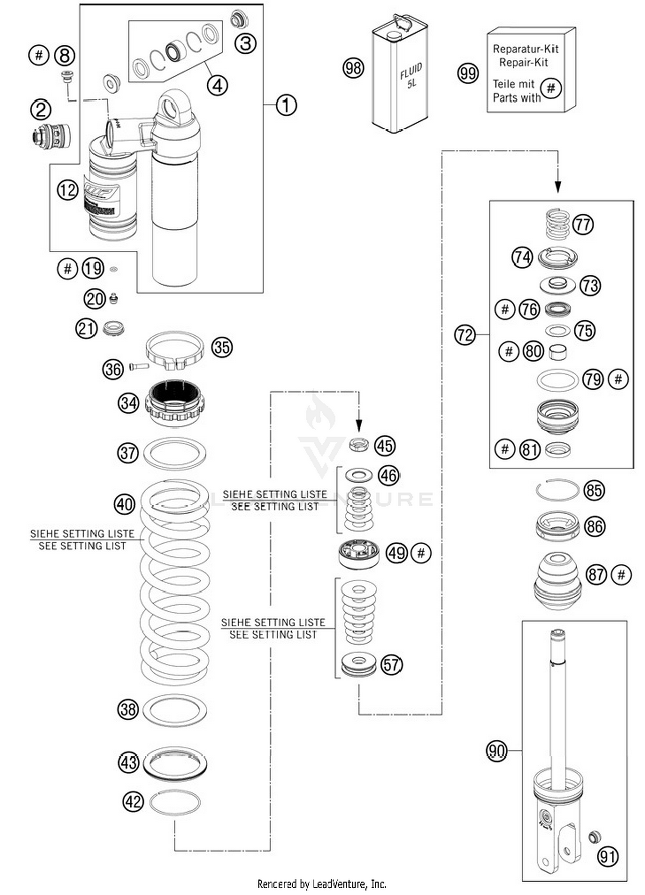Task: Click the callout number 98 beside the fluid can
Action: [x=353, y=68]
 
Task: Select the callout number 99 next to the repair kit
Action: [x=467, y=73]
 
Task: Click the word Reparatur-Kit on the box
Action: [x=525, y=49]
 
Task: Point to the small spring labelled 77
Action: [x=558, y=224]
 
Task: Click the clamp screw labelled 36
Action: [x=139, y=366]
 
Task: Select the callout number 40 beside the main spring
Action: [x=124, y=504]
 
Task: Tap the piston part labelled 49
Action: [x=359, y=554]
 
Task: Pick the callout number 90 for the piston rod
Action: [x=497, y=751]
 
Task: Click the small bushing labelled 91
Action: [x=594, y=837]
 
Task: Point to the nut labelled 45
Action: [x=359, y=444]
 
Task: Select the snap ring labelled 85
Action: [x=558, y=490]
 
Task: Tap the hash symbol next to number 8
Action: [x=39, y=55]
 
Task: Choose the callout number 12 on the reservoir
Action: [x=68, y=190]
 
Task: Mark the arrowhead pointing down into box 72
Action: [x=558, y=187]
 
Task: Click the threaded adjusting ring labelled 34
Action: [x=174, y=402]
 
